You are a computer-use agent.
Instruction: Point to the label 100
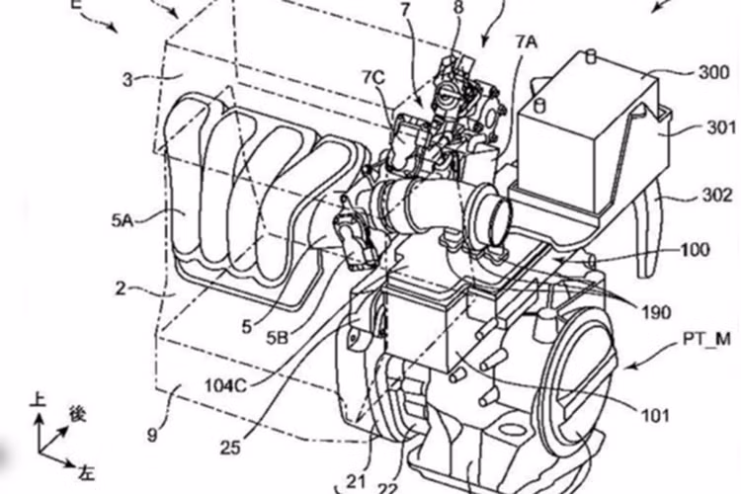(x=695, y=250)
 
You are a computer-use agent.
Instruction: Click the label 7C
(x=372, y=75)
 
